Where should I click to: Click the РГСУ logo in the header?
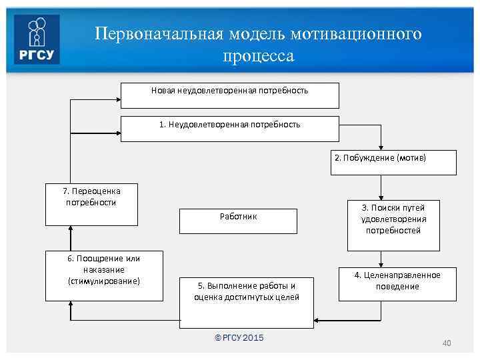pyautogui.click(x=37, y=39)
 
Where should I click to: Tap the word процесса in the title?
pyautogui.click(x=258, y=56)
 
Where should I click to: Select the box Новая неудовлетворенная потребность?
pyautogui.click(x=229, y=95)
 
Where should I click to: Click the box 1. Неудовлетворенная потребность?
pyautogui.click(x=229, y=129)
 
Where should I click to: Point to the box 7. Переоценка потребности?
pyautogui.click(x=91, y=204)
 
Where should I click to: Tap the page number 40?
pyautogui.click(x=447, y=343)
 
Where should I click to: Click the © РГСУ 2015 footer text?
pyautogui.click(x=239, y=338)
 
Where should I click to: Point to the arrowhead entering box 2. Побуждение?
pyautogui.click(x=381, y=147)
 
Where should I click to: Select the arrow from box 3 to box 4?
pyautogui.click(x=381, y=258)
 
